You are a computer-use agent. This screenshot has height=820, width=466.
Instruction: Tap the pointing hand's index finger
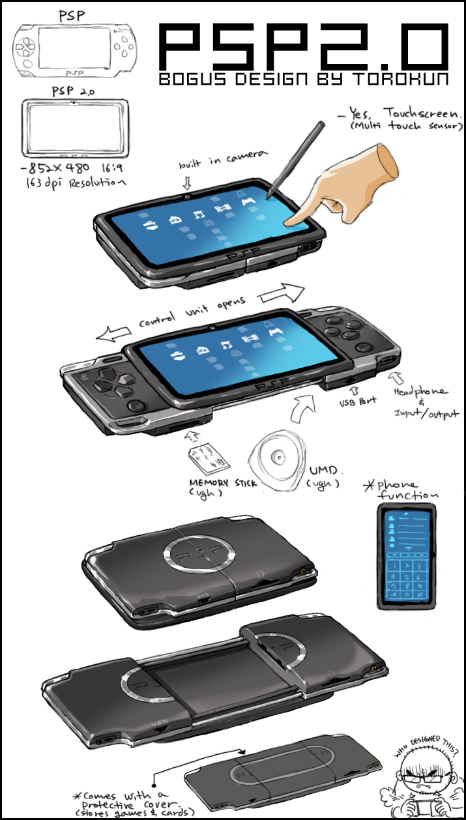302,211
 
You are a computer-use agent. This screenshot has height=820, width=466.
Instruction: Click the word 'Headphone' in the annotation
420,392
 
